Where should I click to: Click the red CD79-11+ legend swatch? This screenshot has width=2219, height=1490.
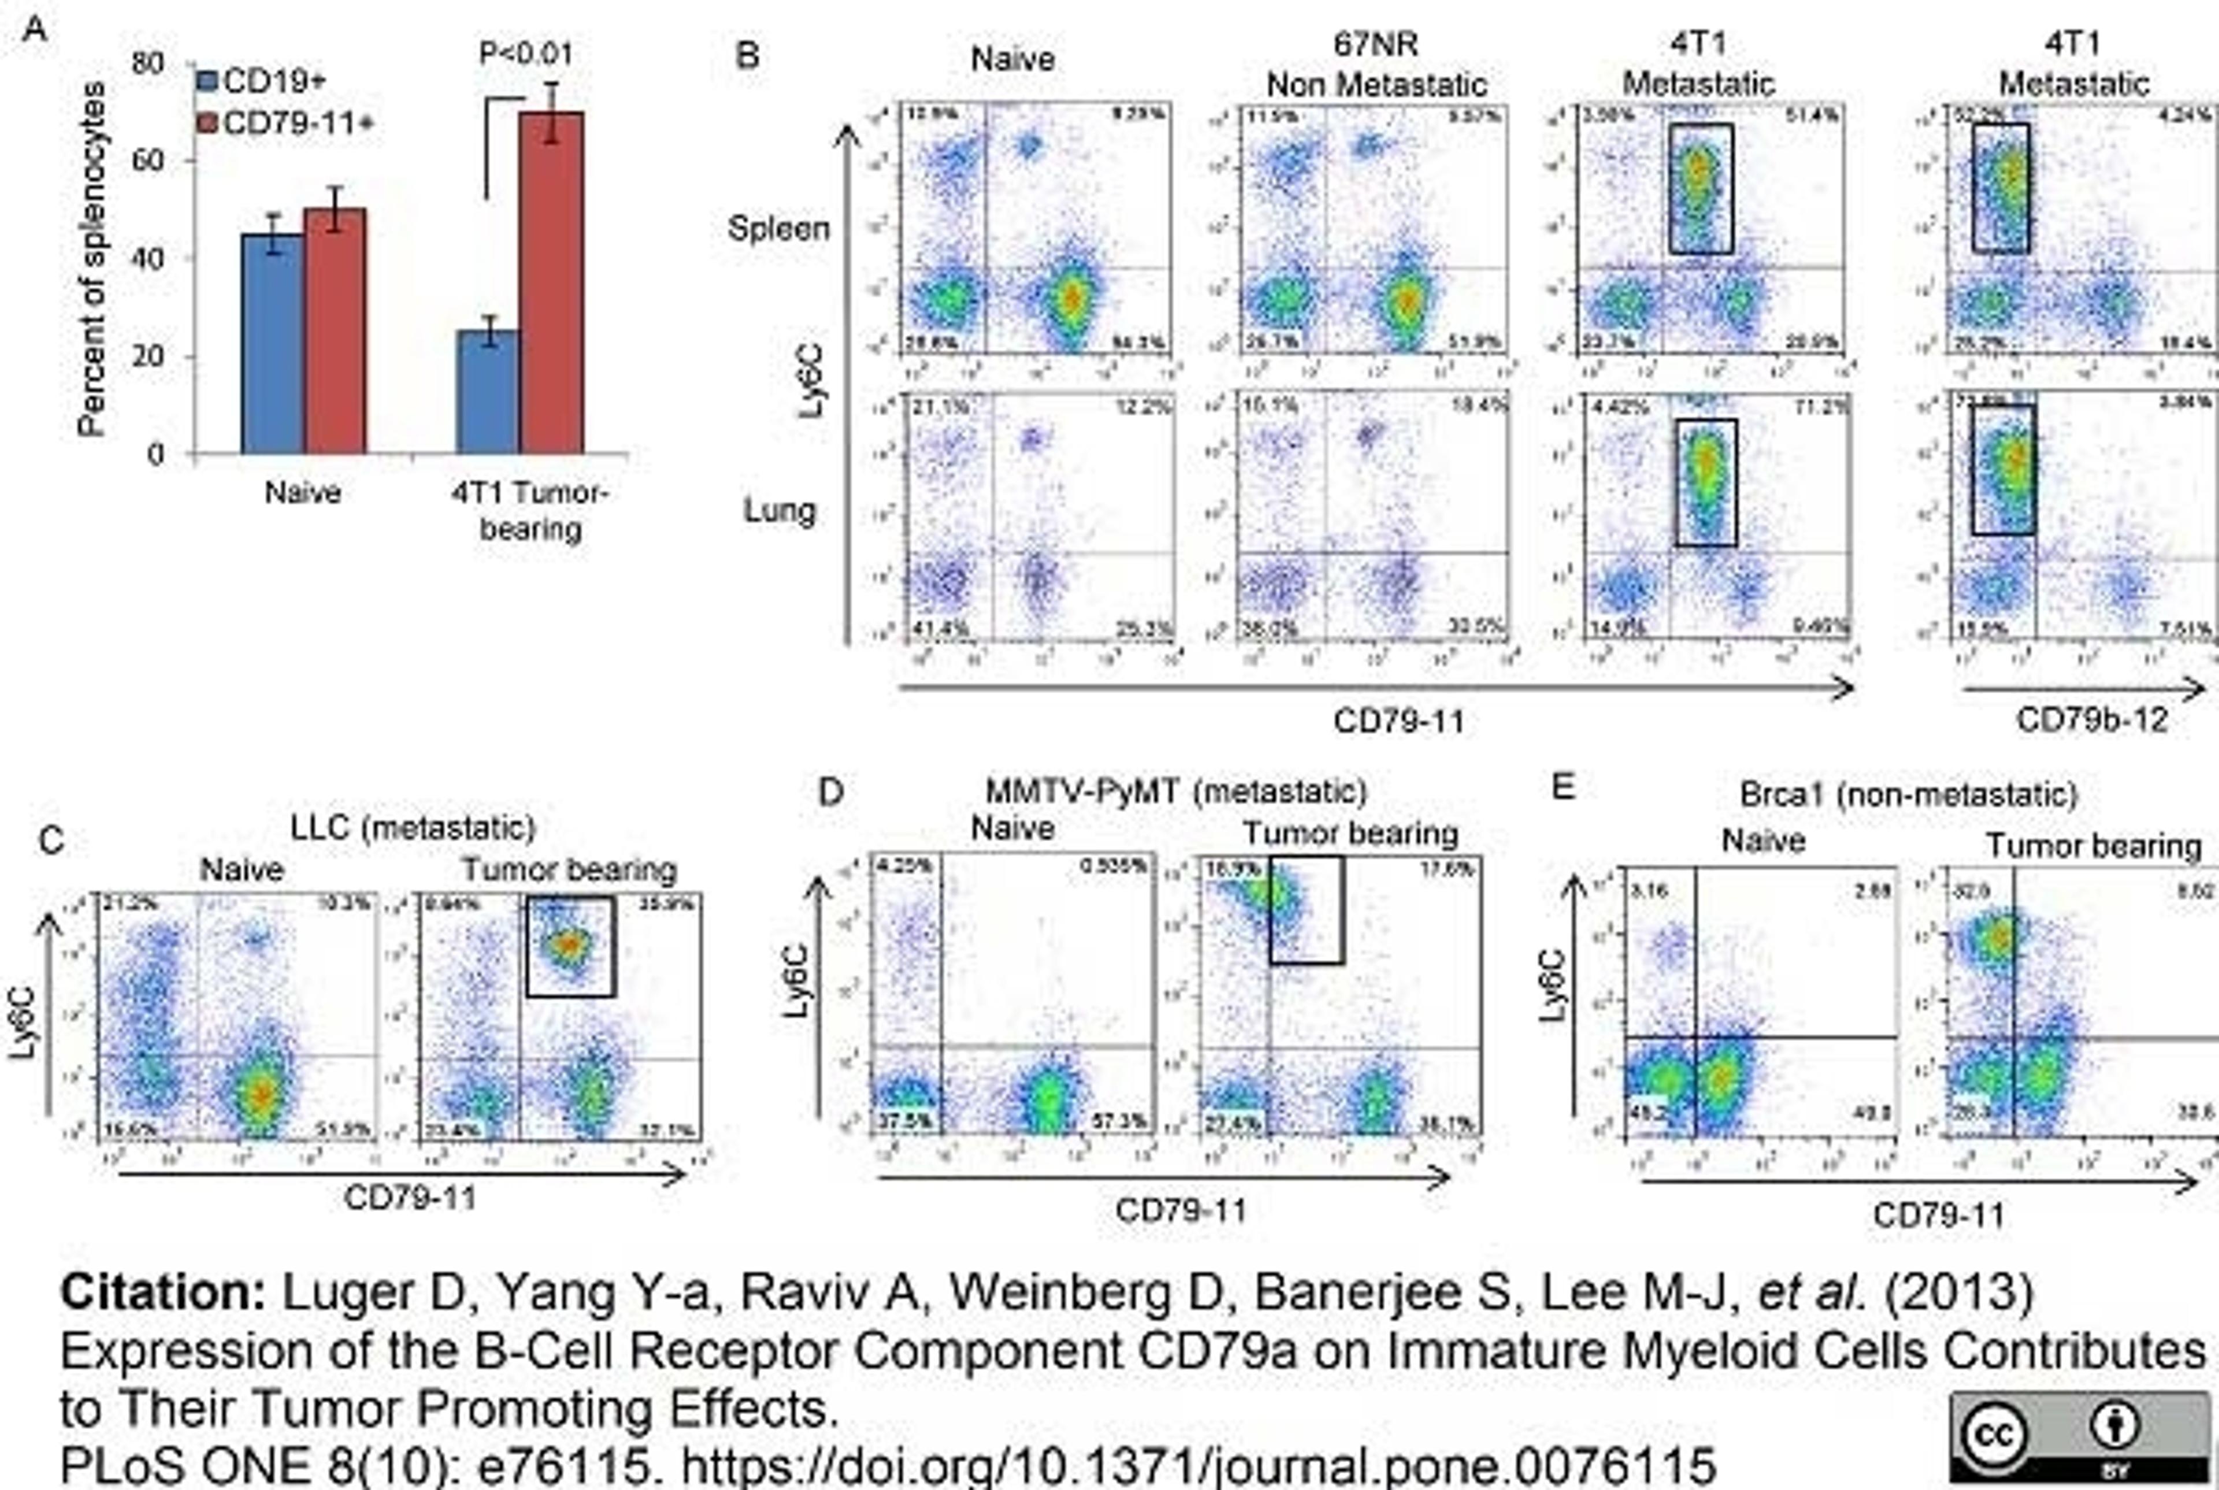click(207, 124)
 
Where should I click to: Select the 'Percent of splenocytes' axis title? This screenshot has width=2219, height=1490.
click(92, 258)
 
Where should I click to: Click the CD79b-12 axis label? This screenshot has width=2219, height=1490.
click(2092, 720)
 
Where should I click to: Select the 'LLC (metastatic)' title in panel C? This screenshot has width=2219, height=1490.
click(413, 828)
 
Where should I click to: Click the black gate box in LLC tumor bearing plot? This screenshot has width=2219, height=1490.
click(570, 946)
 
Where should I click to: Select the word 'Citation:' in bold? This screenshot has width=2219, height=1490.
click(162, 1292)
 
